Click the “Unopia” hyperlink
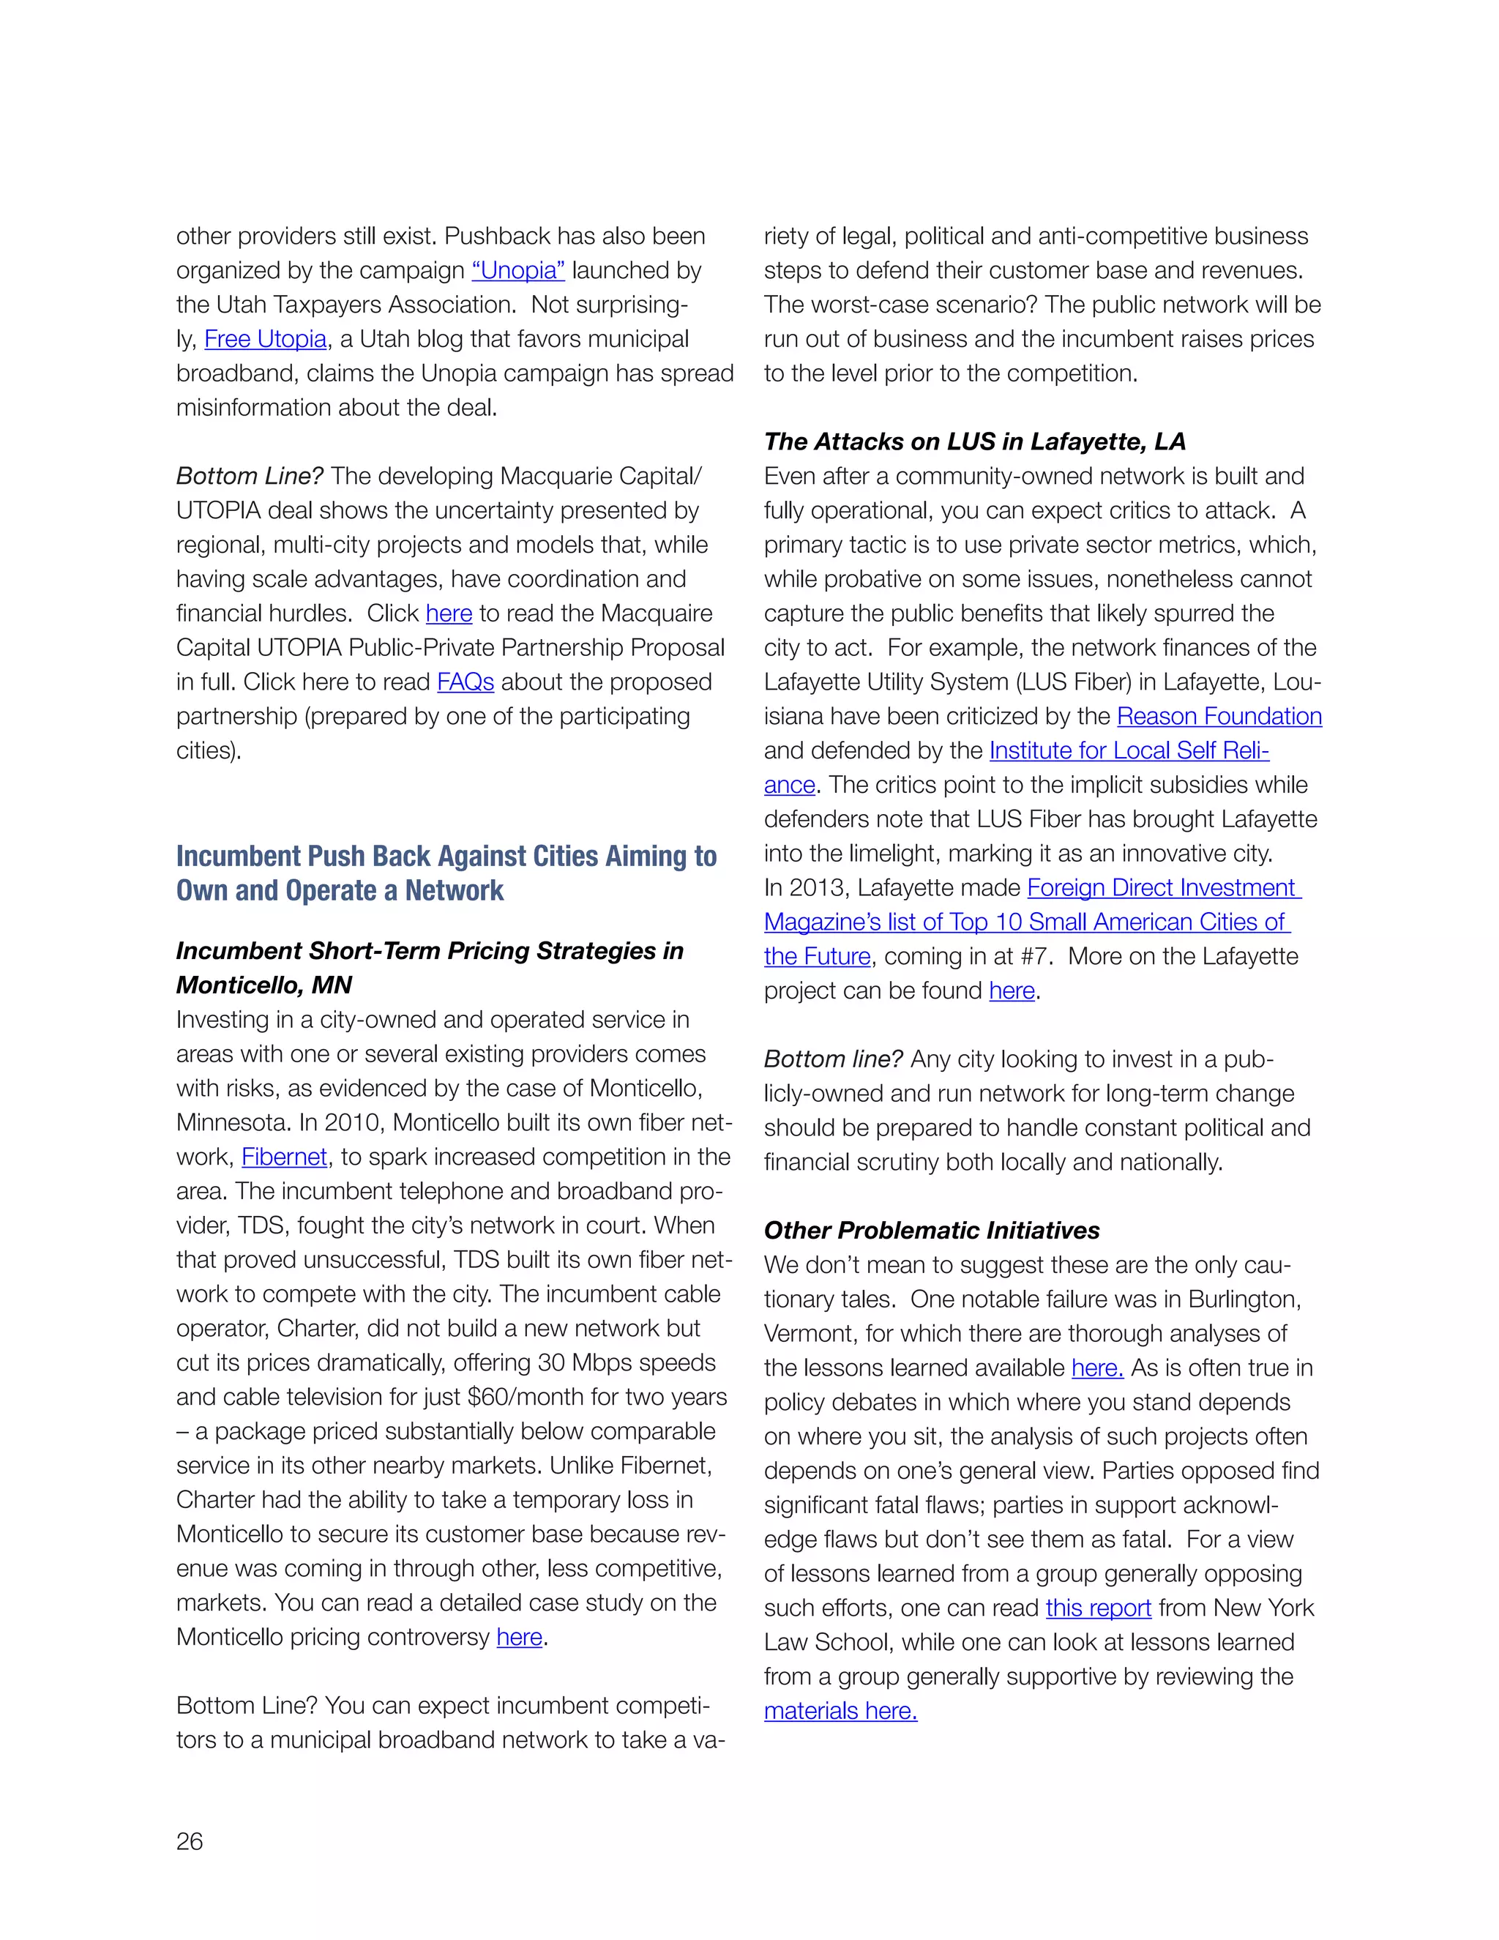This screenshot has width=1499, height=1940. coord(517,270)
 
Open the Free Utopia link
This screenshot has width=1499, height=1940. coord(266,340)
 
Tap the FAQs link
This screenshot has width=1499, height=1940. coord(466,682)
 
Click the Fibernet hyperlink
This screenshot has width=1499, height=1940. coord(284,1157)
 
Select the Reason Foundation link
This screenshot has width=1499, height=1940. coord(1219,717)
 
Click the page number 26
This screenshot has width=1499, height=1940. coord(189,1841)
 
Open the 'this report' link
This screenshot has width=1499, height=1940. coord(1098,1608)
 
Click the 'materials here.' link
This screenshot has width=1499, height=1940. coord(840,1712)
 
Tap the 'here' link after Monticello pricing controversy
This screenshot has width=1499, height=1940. coord(520,1637)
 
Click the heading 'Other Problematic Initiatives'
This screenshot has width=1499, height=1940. coord(932,1231)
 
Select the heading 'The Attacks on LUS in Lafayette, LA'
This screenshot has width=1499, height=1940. coord(974,441)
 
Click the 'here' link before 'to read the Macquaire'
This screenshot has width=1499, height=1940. coord(449,613)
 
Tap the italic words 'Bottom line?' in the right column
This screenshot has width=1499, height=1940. coord(833,1060)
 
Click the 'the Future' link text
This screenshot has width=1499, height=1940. coord(817,957)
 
